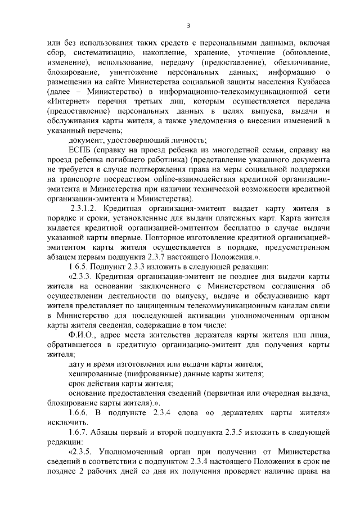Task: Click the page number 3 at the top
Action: tap(189, 25)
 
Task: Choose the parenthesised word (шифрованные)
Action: tap(156, 373)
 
